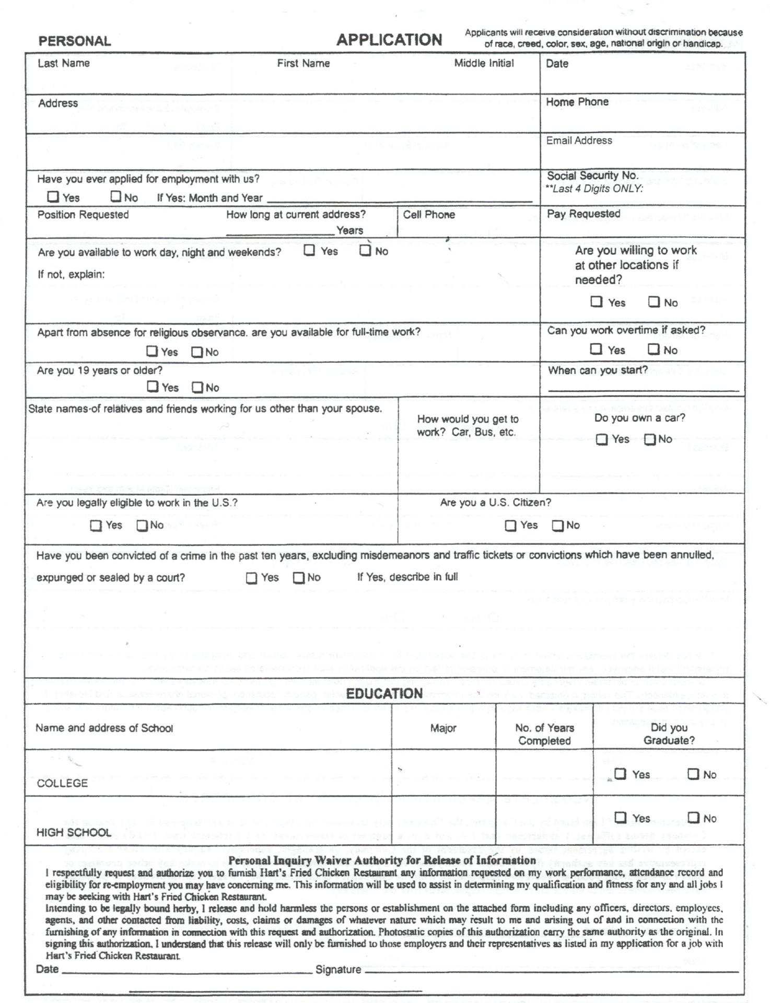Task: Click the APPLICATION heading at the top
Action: pos(389,40)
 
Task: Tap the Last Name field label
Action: pos(63,63)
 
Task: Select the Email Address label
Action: pos(579,141)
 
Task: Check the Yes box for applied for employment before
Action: pos(53,197)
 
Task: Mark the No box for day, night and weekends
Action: pos(365,251)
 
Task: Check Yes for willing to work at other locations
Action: pos(596,301)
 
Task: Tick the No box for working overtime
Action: pos(654,349)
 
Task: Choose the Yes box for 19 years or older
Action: pos(153,387)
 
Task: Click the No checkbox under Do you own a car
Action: pos(650,439)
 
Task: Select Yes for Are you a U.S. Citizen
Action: pos(510,526)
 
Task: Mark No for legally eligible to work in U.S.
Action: pos(142,526)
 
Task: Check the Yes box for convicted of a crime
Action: pos(251,578)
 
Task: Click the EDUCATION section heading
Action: pos(384,694)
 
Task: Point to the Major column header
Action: pos(443,728)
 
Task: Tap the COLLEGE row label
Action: pos(62,783)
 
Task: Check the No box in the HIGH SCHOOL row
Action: pos(693,817)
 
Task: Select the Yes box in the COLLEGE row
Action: pos(620,774)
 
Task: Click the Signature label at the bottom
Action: pos(338,970)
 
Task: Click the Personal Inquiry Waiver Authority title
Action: pos(382,860)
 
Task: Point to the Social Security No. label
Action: pos(592,176)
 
